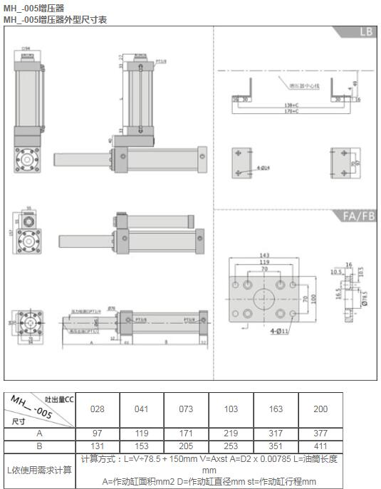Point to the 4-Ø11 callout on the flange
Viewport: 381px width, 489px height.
(281, 331)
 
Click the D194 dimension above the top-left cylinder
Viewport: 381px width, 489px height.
(26, 49)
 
